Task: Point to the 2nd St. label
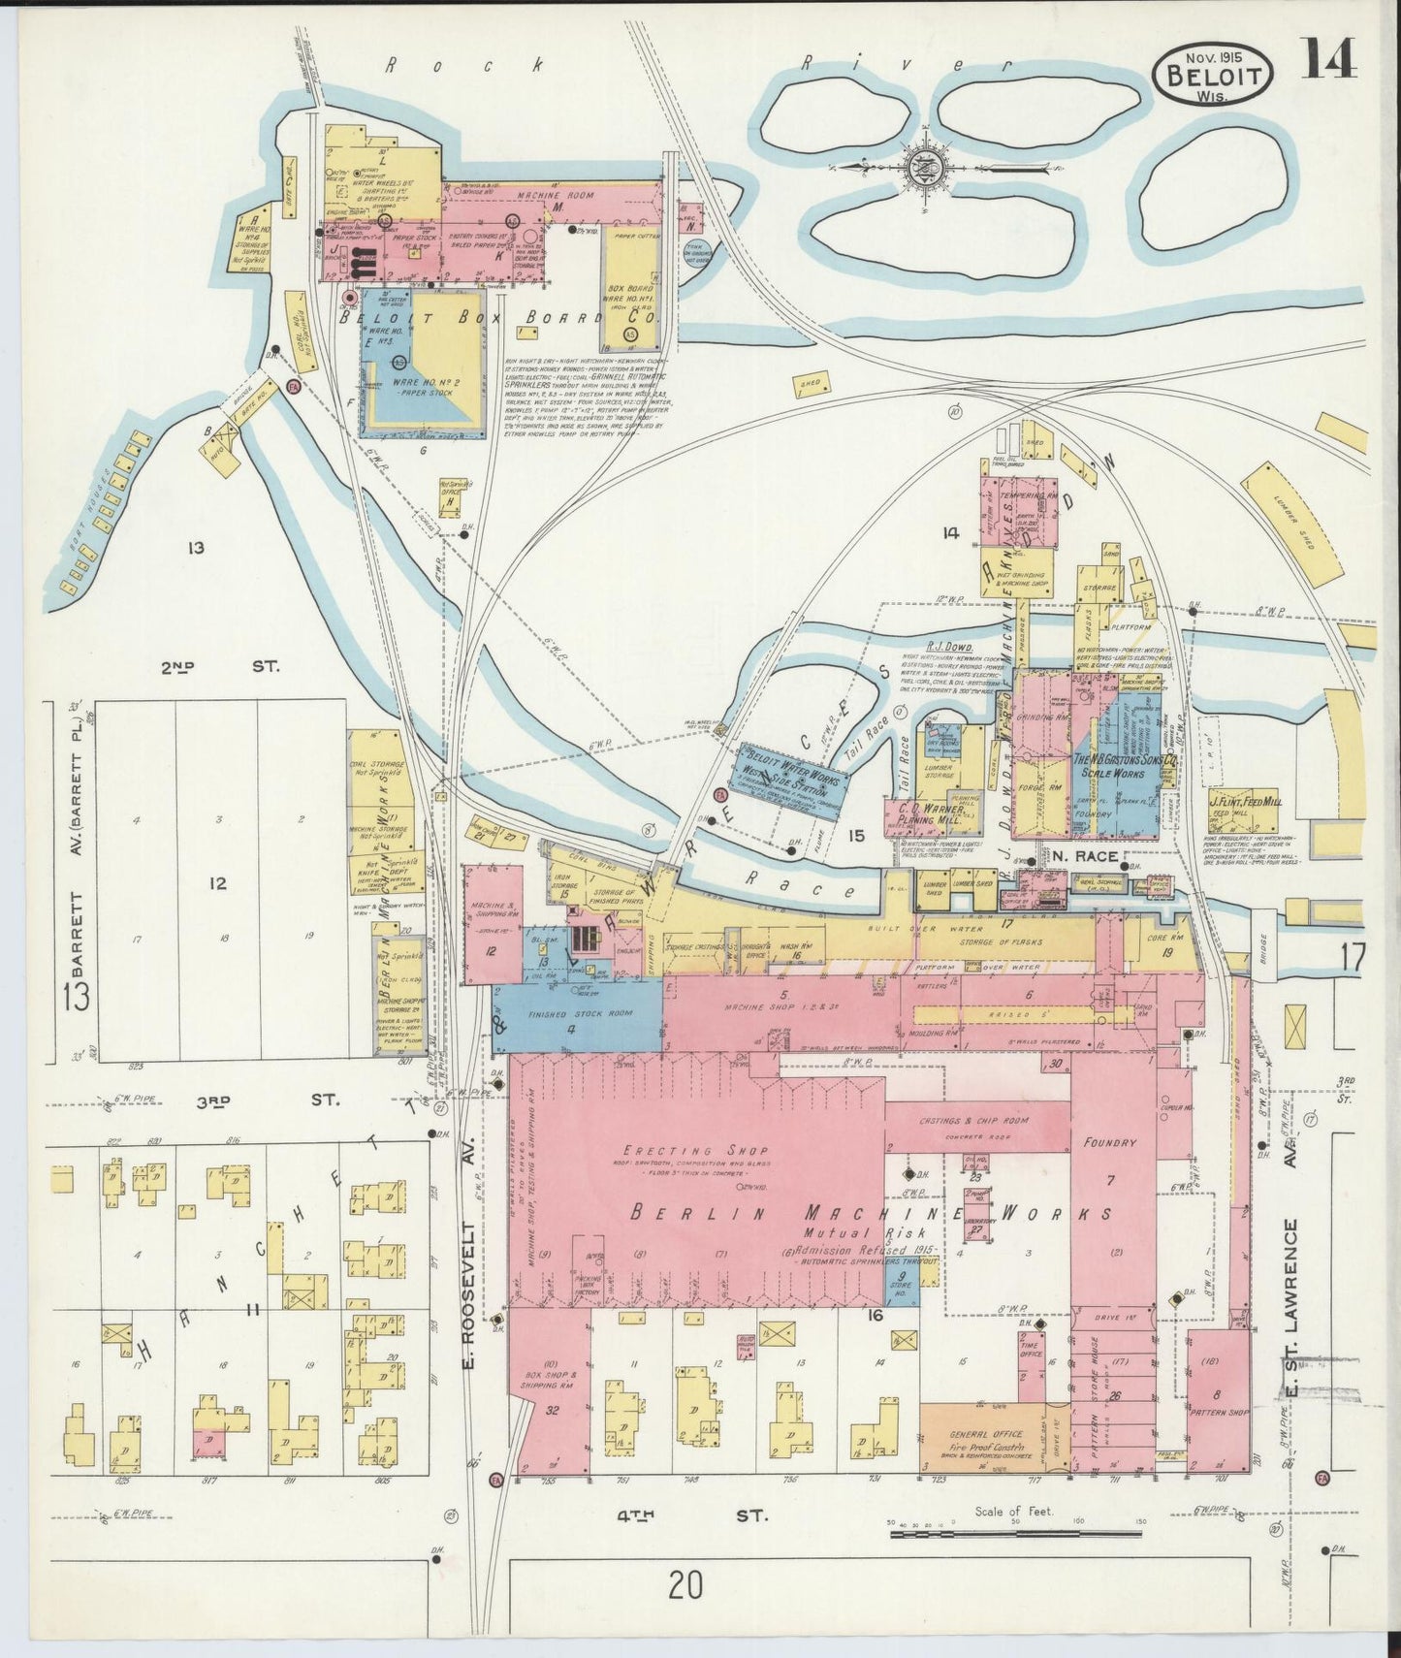tap(219, 667)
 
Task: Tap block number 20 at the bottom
tap(685, 1585)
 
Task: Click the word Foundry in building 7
tap(1109, 1143)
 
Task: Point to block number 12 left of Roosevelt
tap(217, 883)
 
